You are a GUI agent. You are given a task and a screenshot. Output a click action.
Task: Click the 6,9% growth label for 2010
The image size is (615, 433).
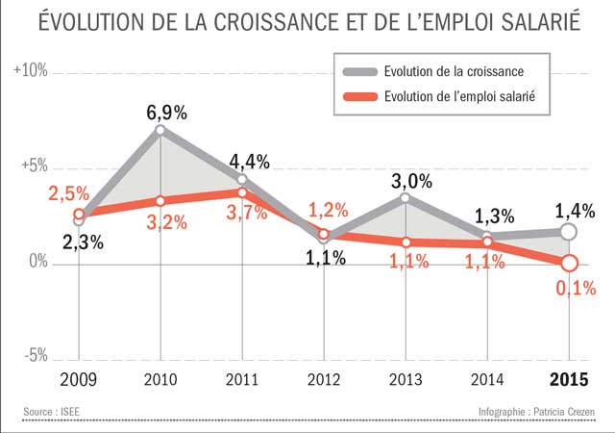(x=166, y=113)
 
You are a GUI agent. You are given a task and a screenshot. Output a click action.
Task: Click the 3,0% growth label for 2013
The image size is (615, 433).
(x=411, y=181)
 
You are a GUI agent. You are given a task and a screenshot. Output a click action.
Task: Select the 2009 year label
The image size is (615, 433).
(x=79, y=379)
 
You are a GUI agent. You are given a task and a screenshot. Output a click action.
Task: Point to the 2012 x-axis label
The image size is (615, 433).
(x=324, y=379)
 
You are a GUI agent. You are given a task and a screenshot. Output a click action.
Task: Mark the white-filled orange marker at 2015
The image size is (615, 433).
(x=569, y=263)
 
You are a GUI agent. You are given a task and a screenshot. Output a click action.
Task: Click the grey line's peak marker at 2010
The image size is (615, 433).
(x=160, y=130)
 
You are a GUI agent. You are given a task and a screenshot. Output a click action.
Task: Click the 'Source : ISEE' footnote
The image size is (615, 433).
(x=54, y=413)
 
